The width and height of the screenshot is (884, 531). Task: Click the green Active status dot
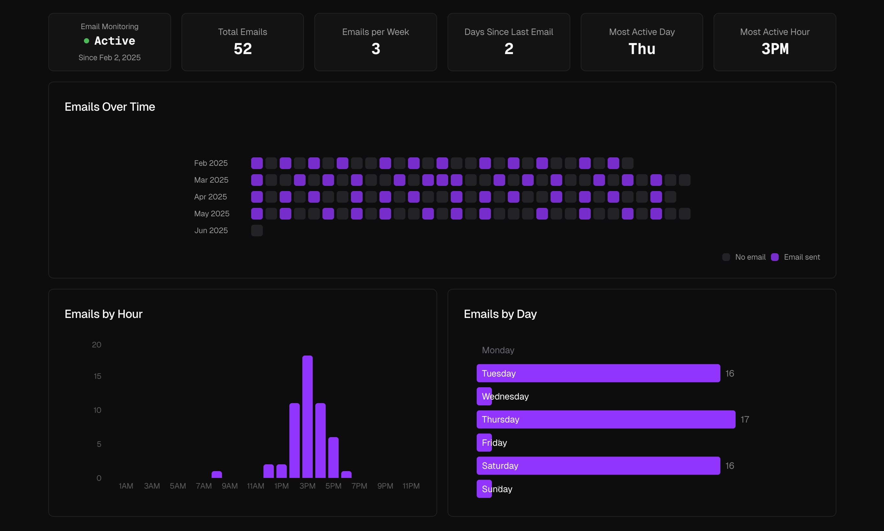click(86, 41)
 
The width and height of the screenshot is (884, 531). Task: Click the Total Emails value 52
click(242, 49)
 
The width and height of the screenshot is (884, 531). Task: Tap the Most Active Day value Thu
click(642, 49)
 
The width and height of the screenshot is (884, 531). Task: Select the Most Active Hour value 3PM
click(774, 49)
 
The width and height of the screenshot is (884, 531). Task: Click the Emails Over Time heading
click(110, 107)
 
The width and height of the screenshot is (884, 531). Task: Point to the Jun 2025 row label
click(211, 231)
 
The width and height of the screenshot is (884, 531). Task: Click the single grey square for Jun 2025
click(257, 231)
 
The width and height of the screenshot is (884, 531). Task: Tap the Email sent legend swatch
click(774, 257)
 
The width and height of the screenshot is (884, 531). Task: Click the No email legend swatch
click(726, 257)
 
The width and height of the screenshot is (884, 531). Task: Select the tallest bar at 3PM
click(307, 417)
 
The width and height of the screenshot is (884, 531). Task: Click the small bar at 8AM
click(216, 474)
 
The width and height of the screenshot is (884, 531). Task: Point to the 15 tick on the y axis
click(98, 376)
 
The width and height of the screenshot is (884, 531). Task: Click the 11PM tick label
click(411, 486)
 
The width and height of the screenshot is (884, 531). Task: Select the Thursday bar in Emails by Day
click(606, 419)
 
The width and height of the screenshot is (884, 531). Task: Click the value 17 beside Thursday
click(745, 419)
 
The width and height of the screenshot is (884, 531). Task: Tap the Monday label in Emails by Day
click(498, 350)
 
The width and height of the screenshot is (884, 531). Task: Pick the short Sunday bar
click(484, 489)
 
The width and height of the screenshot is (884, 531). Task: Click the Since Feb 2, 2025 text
click(110, 58)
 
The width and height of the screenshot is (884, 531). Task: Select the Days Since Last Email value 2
click(509, 49)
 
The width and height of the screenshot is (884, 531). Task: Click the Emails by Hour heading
click(103, 314)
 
